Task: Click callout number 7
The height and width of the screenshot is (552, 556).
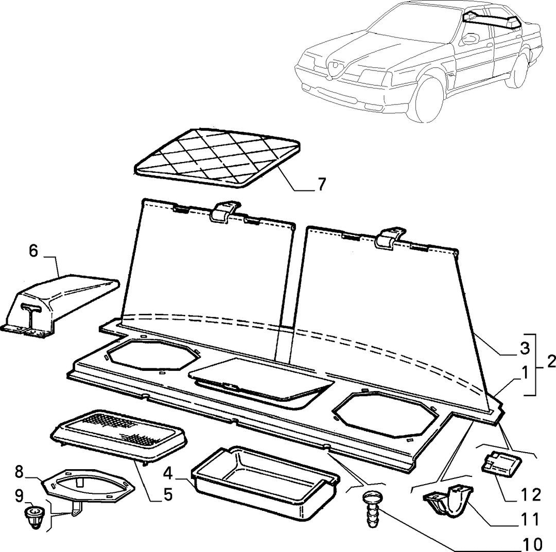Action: (x=321, y=184)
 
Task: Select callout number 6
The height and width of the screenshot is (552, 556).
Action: (x=33, y=251)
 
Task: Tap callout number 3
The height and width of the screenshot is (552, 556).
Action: (x=525, y=348)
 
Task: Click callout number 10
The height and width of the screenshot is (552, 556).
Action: (x=532, y=543)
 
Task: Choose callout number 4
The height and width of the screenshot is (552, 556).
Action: (x=168, y=473)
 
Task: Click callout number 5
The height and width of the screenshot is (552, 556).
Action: (x=168, y=494)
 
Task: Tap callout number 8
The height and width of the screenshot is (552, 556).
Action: (x=19, y=472)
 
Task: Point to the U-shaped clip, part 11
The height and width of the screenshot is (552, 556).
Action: (x=448, y=500)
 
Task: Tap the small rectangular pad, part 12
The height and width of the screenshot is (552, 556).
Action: (x=500, y=462)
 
